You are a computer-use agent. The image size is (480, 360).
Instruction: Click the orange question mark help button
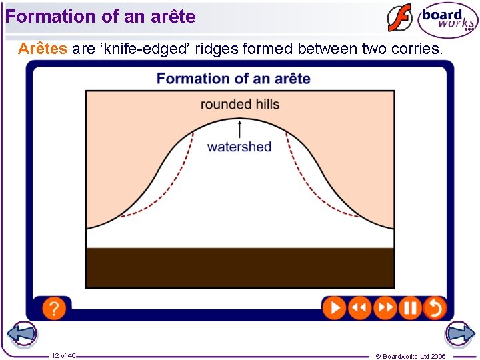point(54,308)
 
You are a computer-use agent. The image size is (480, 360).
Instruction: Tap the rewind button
point(359,308)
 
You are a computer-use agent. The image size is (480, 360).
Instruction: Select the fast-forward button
point(385,308)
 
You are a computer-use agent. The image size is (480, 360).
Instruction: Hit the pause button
point(410,308)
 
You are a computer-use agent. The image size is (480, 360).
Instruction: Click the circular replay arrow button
point(435,308)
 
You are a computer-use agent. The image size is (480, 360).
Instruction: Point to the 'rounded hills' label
point(240,104)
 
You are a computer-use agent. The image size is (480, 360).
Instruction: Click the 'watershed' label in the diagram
point(239,147)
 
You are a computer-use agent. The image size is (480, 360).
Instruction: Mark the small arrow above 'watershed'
point(240,128)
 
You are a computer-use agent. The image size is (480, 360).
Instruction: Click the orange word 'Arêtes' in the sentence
point(43,49)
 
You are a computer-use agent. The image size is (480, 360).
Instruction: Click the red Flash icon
point(400,19)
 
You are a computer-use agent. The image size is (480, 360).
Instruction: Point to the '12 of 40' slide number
point(63,355)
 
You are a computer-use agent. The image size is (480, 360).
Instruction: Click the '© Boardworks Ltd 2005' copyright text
point(411,356)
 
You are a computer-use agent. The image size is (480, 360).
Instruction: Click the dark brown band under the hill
point(240,267)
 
